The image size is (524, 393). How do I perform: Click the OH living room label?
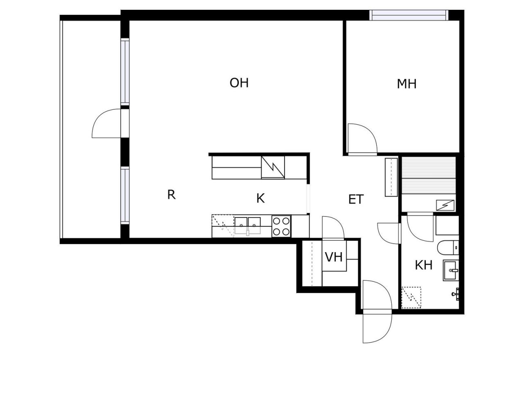click(239, 83)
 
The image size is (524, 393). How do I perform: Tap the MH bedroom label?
click(407, 84)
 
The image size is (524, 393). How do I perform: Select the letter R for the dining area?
click(172, 195)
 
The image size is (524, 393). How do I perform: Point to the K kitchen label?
click(260, 198)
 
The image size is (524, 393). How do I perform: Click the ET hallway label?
click(356, 199)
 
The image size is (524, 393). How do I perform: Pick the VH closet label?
click(334, 257)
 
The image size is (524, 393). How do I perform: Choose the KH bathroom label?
click(424, 265)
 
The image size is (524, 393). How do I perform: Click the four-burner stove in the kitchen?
click(281, 226)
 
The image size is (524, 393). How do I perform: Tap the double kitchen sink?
click(247, 226)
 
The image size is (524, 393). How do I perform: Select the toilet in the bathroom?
click(448, 248)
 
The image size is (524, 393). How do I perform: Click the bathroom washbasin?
click(451, 270)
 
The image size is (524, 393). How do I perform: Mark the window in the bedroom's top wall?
click(409, 15)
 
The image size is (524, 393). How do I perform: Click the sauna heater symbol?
click(445, 205)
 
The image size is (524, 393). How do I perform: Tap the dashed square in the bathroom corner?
click(411, 297)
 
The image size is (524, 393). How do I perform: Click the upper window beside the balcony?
click(125, 72)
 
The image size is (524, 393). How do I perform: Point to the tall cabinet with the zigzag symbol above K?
click(273, 167)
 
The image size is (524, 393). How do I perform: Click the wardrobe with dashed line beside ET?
click(391, 177)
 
